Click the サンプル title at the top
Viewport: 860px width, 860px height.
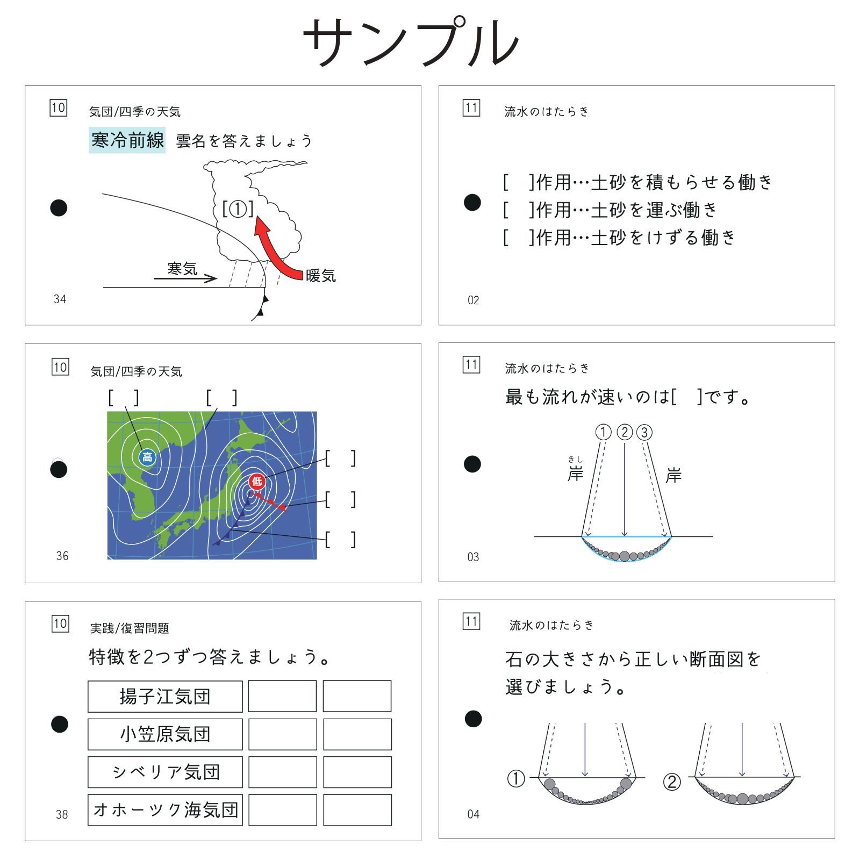click(x=411, y=42)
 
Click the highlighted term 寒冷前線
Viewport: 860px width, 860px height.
click(x=127, y=140)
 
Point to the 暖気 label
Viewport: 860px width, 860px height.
click(x=321, y=276)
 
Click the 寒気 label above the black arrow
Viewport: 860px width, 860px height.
click(x=182, y=268)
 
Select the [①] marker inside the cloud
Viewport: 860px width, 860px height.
click(x=238, y=209)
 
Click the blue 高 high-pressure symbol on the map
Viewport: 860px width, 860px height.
click(x=147, y=457)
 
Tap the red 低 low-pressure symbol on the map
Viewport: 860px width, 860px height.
click(x=257, y=481)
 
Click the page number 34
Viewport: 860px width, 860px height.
click(x=60, y=299)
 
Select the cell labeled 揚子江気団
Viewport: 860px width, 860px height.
click(x=165, y=697)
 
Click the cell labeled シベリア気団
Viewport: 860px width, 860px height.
click(x=165, y=772)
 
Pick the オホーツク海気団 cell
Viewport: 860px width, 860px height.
click(x=165, y=810)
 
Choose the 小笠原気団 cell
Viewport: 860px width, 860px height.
click(x=165, y=734)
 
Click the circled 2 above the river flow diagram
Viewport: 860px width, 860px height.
click(x=625, y=432)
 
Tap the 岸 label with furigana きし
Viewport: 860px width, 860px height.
click(x=575, y=474)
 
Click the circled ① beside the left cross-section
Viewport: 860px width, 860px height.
click(x=516, y=779)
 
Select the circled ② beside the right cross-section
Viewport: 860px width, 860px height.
click(x=672, y=782)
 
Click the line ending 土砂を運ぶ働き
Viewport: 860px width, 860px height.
click(x=610, y=210)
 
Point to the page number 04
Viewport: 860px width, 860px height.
click(x=473, y=814)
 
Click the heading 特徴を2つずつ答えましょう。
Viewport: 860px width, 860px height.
click(x=210, y=657)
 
